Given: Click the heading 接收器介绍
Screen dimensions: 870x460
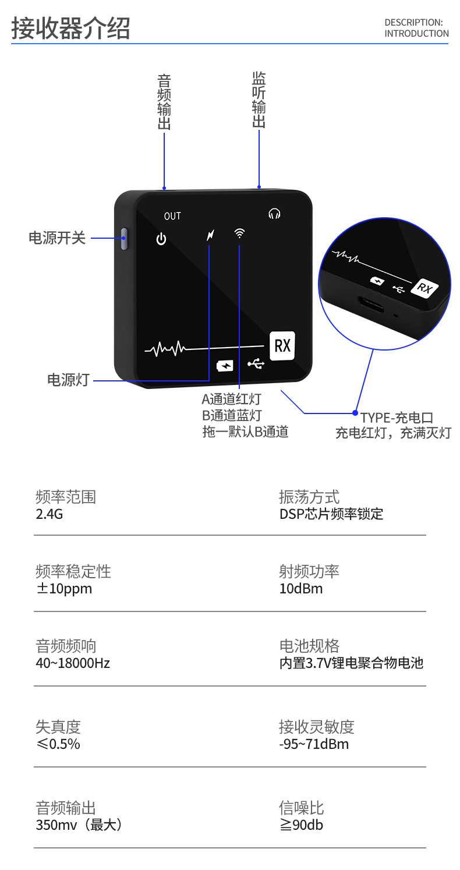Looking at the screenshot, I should click(70, 28).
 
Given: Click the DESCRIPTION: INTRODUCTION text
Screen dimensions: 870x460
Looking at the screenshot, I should click(416, 28).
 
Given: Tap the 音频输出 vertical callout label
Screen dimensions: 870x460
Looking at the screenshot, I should click(164, 102).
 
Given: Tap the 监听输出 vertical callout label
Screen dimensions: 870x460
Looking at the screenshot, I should click(259, 100).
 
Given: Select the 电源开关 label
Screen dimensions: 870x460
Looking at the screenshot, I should click(57, 238).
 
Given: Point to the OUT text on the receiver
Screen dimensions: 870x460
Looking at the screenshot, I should click(172, 216).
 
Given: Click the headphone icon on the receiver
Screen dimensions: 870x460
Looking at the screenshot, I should click(274, 214).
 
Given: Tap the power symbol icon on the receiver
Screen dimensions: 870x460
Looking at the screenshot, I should click(161, 239).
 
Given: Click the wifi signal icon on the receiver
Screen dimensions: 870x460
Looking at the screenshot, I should click(239, 234).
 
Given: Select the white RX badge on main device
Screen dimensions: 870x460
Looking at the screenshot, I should click(282, 345).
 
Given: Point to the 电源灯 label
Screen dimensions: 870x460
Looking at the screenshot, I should click(68, 380).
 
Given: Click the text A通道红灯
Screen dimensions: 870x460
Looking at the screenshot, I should click(231, 399).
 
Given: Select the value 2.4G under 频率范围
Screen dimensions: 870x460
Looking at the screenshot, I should click(49, 514).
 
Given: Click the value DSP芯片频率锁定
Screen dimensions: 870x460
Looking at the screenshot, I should click(331, 514).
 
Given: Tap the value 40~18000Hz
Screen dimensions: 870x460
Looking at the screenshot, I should click(73, 663).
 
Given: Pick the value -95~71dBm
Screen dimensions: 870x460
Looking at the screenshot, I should click(314, 744).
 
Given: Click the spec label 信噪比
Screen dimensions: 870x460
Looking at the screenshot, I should click(301, 808).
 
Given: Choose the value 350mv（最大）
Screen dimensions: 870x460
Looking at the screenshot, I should click(79, 825).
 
